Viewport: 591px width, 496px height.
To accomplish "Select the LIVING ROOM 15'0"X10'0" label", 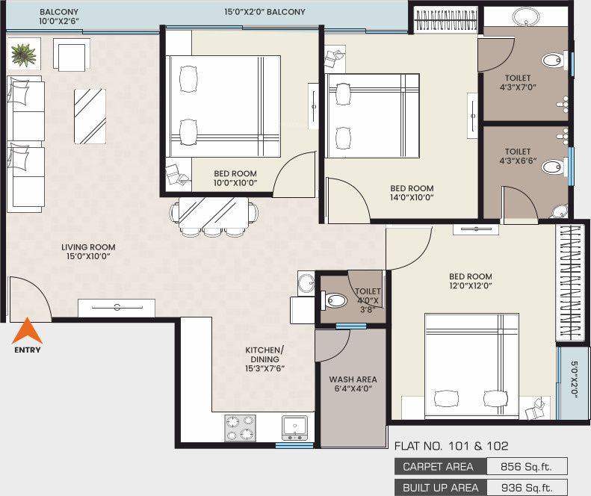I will coord(88,252).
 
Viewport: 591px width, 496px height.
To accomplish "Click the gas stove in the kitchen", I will coord(241,428).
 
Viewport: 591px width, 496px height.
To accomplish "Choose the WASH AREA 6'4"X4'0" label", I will coord(350,384).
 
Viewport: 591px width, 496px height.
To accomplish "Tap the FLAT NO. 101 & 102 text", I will coord(451,446).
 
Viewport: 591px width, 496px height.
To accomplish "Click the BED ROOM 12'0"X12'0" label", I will coord(471,282).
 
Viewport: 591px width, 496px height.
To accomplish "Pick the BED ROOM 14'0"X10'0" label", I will coord(412,193).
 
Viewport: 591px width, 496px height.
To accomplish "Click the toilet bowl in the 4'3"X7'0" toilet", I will coord(553,61).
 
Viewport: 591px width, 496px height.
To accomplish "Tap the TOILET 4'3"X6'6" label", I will coord(517,157).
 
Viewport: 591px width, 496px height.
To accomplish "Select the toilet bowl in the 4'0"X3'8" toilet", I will coord(335,301).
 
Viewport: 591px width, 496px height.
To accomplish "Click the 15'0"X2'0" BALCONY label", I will coord(264,12).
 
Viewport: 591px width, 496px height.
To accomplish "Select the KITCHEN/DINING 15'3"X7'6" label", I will coord(264,359).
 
